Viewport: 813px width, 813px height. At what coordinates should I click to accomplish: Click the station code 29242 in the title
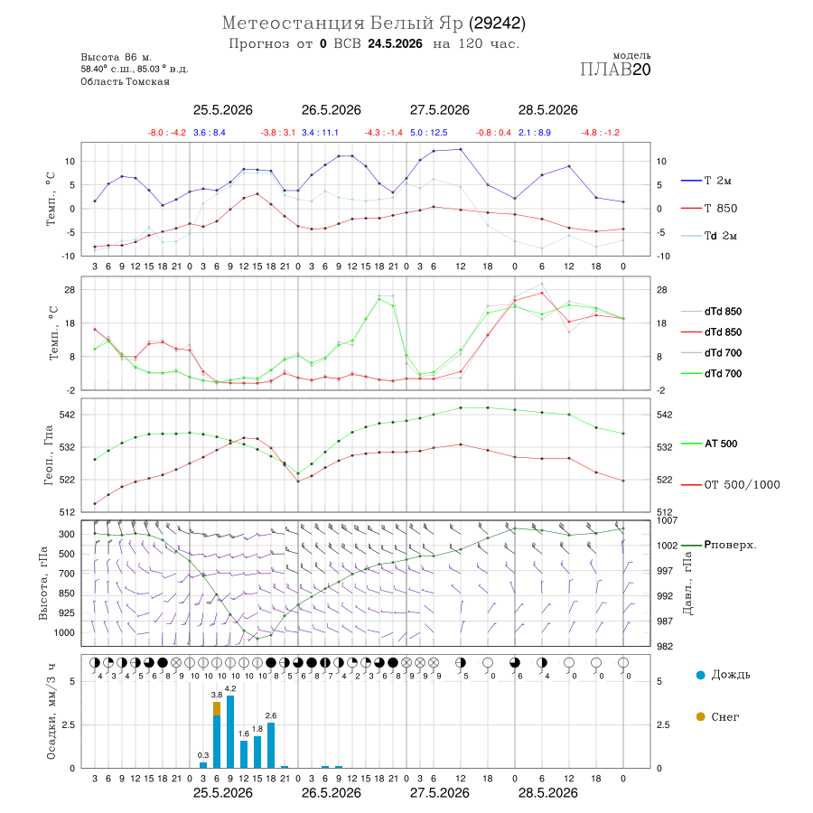click(497, 23)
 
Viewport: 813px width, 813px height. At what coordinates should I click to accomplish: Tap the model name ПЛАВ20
click(615, 70)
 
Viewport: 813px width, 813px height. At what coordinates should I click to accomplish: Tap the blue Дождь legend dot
click(700, 675)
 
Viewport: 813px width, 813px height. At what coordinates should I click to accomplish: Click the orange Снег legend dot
click(700, 716)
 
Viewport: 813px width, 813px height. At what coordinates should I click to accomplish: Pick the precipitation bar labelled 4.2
click(230, 732)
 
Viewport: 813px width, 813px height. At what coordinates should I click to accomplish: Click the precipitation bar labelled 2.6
click(271, 745)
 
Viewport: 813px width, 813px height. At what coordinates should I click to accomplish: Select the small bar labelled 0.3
click(203, 765)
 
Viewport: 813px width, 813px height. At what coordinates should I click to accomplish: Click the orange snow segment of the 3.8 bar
click(217, 709)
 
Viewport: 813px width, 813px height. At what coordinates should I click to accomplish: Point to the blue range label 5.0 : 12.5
click(429, 133)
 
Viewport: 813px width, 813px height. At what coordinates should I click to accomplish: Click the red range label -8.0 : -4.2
click(167, 133)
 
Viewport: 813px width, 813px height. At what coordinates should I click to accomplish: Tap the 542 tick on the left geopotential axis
click(68, 415)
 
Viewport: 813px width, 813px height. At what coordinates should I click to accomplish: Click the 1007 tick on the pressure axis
click(668, 520)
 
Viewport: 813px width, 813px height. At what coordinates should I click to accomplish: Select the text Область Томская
click(125, 81)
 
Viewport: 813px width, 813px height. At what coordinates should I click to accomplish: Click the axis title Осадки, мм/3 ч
click(51, 712)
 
